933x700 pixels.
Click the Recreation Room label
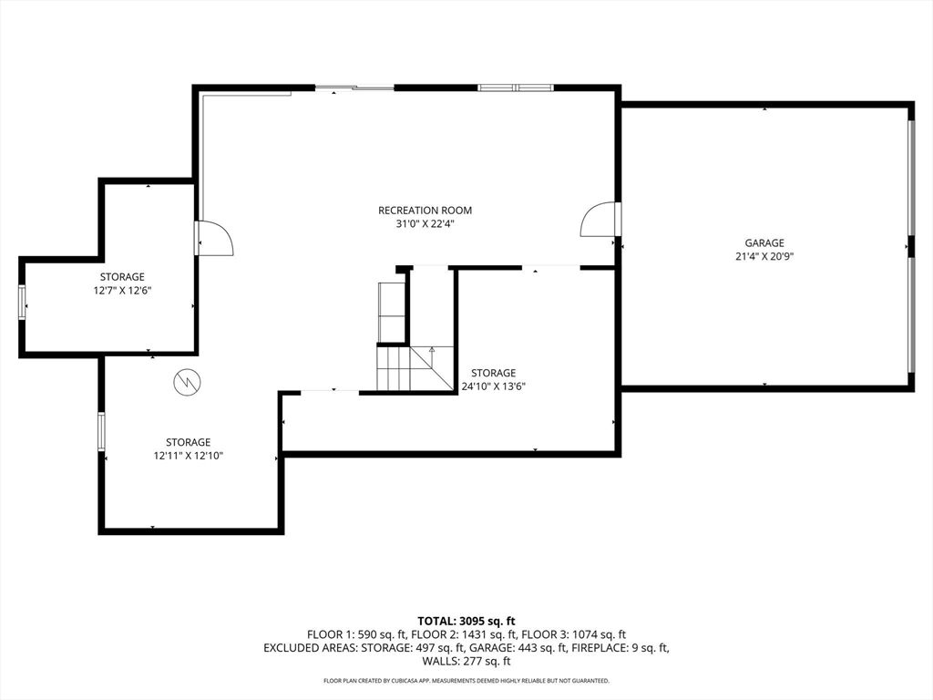[x=425, y=211]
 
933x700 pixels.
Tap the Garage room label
[x=764, y=243]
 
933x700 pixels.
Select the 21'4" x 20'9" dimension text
[x=764, y=256]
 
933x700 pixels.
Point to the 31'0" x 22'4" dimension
[x=425, y=223]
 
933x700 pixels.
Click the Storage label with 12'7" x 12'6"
[x=122, y=277]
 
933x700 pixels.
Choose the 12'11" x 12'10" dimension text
[x=189, y=455]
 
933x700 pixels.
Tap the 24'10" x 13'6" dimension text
[x=493, y=386]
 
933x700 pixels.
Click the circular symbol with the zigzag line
[x=187, y=382]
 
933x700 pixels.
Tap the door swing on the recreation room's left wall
[x=215, y=238]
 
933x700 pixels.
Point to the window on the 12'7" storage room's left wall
[x=22, y=303]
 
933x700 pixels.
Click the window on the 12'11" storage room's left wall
[x=101, y=432]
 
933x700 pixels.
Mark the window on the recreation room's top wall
[x=516, y=87]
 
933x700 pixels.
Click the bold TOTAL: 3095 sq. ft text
[x=466, y=622]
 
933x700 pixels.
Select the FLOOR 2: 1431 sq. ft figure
[x=466, y=634]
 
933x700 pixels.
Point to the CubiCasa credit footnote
[x=466, y=681]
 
